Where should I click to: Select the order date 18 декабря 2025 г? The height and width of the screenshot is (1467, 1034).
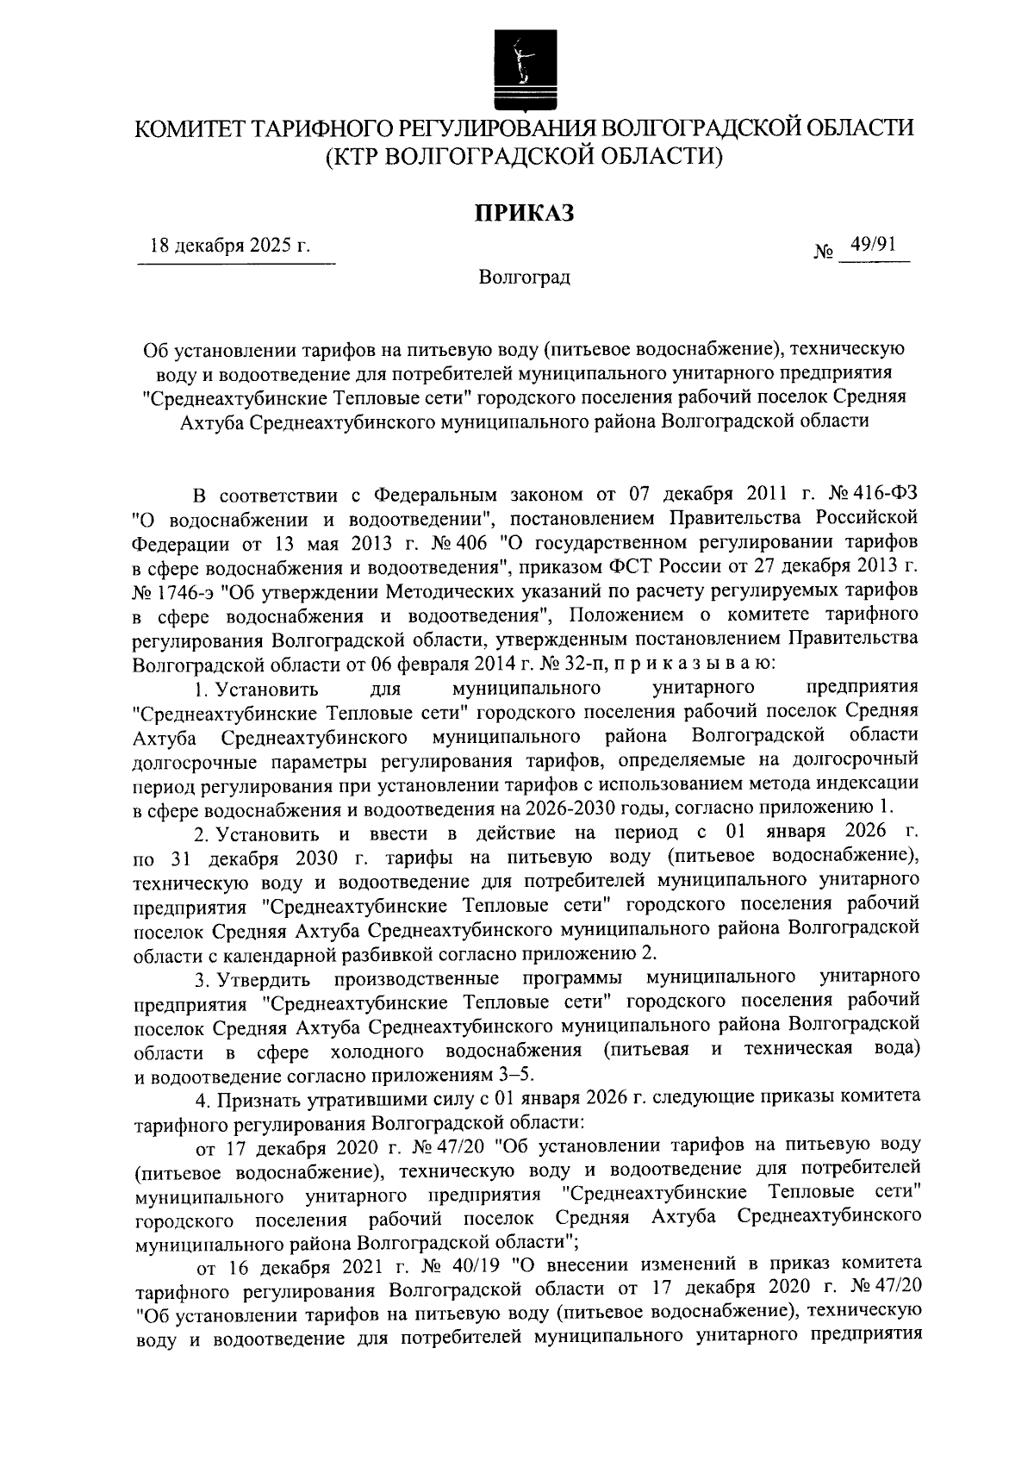pyautogui.click(x=230, y=245)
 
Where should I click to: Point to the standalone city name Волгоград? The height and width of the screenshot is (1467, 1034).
pyautogui.click(x=525, y=278)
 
